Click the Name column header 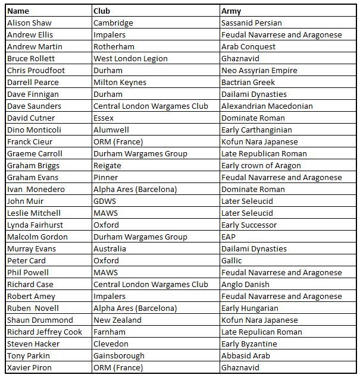[x=18, y=11]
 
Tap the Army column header [x=231, y=11]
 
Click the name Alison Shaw [x=29, y=23]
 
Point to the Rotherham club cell [x=114, y=46]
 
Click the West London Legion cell [x=130, y=58]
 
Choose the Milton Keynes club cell [x=120, y=82]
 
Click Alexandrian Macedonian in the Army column [x=267, y=106]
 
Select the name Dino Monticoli [x=34, y=130]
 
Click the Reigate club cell [x=107, y=165]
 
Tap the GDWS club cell [x=105, y=201]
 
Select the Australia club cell [x=109, y=248]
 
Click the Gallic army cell [x=231, y=260]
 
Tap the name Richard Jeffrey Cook [x=45, y=332]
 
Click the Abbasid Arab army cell [x=245, y=355]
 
